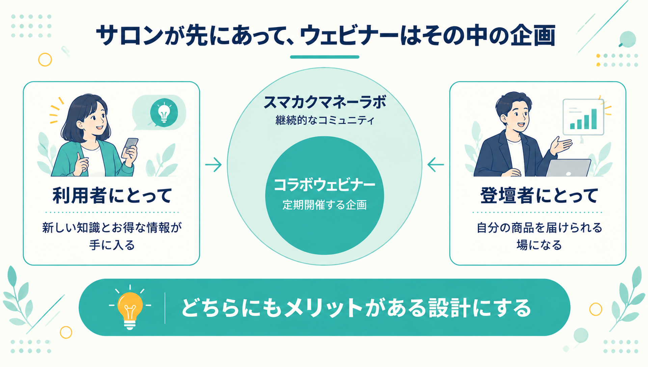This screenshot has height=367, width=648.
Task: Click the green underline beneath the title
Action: (324, 57)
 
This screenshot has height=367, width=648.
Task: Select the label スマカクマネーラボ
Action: (324, 102)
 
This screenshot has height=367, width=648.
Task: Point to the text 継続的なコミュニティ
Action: (325, 120)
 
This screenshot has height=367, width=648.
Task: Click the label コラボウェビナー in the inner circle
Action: (324, 185)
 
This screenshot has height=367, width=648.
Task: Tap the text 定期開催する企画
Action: (324, 205)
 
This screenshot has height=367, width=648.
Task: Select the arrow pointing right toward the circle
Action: (213, 165)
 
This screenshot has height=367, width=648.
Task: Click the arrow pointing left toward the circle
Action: (435, 165)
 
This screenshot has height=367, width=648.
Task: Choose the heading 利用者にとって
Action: (112, 195)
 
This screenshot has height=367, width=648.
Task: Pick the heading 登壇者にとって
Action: (539, 195)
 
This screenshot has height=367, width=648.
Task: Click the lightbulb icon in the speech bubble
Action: (164, 113)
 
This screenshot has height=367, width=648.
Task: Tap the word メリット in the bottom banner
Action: (324, 308)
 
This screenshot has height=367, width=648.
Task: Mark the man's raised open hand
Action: (560, 145)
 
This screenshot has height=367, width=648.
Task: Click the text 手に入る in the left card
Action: (112, 245)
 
